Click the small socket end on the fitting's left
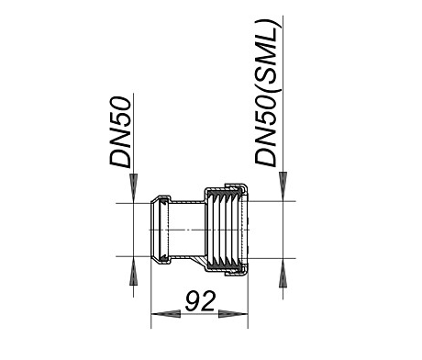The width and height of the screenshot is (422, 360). point(160,230)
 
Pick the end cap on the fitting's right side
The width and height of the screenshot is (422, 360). point(245,231)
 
